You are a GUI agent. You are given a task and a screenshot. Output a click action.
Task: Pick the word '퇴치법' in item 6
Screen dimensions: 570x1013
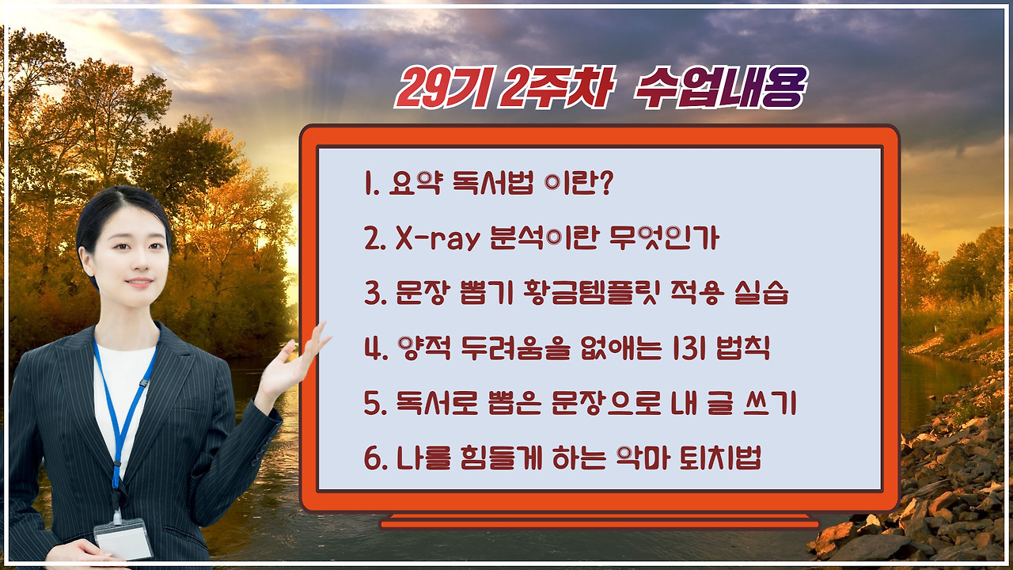coord(722,458)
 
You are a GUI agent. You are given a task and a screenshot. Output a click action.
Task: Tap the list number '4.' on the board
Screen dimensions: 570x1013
coord(374,349)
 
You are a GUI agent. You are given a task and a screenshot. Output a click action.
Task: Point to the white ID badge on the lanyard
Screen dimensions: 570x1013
coord(123,539)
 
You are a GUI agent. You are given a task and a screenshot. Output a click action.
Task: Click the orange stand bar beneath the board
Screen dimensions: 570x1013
coord(599,522)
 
